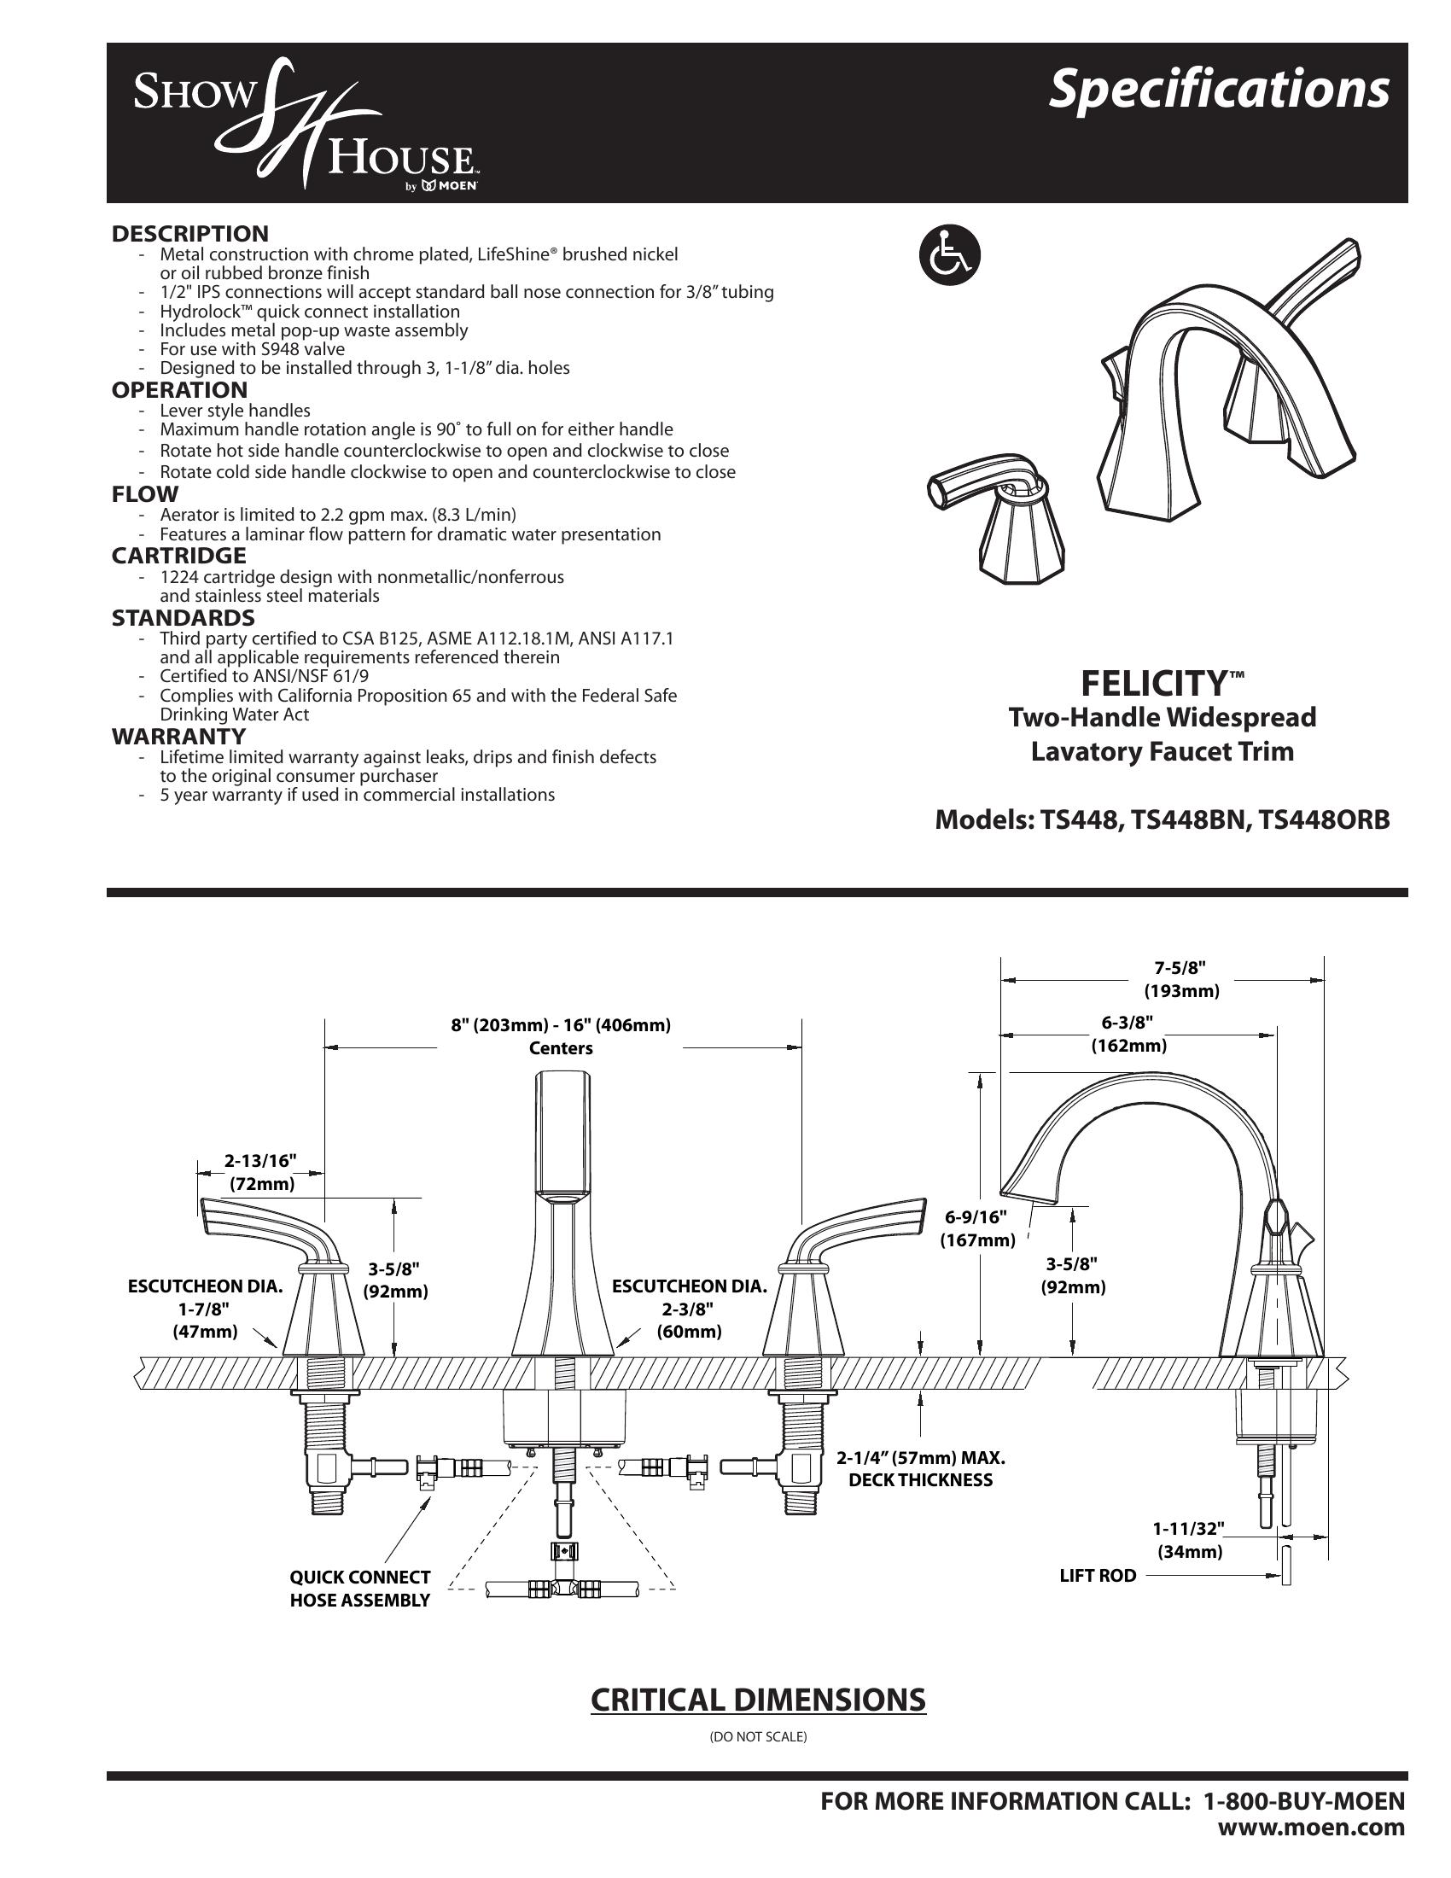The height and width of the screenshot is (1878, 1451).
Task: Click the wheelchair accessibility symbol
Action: point(949,255)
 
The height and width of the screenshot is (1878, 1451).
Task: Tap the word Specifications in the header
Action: point(1218,90)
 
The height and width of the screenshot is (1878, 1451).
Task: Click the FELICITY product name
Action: point(1153,684)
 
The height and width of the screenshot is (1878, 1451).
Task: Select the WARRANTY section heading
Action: point(178,736)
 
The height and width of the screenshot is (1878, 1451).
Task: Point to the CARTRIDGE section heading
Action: point(178,556)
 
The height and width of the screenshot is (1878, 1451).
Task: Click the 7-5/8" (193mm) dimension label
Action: point(1181,980)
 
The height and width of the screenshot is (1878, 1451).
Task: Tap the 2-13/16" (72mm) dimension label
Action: point(261,1171)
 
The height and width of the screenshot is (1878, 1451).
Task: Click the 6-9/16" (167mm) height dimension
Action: point(976,1228)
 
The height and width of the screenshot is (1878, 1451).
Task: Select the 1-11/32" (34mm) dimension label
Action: point(1189,1539)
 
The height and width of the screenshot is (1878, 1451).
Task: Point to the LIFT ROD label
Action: point(1098,1575)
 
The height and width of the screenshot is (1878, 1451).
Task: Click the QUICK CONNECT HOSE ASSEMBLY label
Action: point(359,1589)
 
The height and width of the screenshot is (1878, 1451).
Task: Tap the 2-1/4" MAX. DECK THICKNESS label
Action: point(921,1469)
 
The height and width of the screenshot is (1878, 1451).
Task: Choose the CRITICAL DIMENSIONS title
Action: point(757,1700)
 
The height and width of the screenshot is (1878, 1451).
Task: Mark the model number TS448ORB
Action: point(1324,819)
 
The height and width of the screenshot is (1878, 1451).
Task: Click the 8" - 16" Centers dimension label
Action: point(561,1036)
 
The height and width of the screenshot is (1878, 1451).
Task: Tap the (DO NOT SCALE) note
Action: point(757,1737)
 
